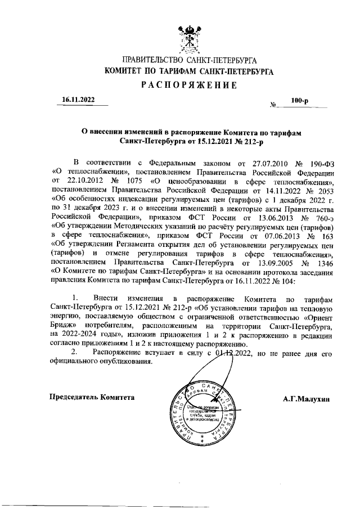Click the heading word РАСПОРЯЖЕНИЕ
pyautogui.click(x=189, y=85)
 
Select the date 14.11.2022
pyautogui.click(x=267, y=190)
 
